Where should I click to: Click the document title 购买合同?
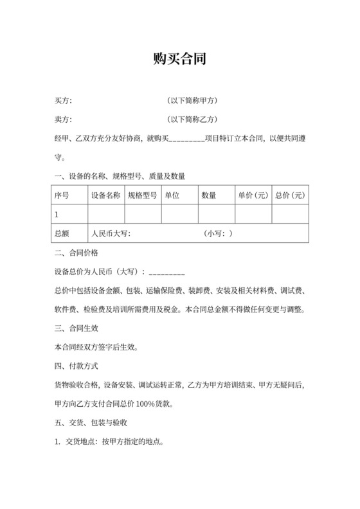pyautogui.click(x=179, y=60)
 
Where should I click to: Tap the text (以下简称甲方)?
pyautogui.click(x=192, y=101)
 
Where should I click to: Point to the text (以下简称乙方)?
pyautogui.click(x=192, y=120)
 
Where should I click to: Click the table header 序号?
pyautogui.click(x=62, y=195)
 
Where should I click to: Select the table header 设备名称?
pyautogui.click(x=105, y=195)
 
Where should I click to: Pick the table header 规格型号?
pyautogui.click(x=143, y=195)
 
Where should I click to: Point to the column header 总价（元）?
pyautogui.click(x=290, y=195)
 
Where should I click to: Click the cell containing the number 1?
pyautogui.click(x=57, y=213)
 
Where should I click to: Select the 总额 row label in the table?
pyautogui.click(x=62, y=233)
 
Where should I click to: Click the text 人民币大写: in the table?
pyautogui.click(x=111, y=233)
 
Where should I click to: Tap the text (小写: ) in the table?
pyautogui.click(x=219, y=233)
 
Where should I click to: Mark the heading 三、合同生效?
pyautogui.click(x=76, y=328)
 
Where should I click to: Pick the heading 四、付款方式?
pyautogui.click(x=76, y=366)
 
